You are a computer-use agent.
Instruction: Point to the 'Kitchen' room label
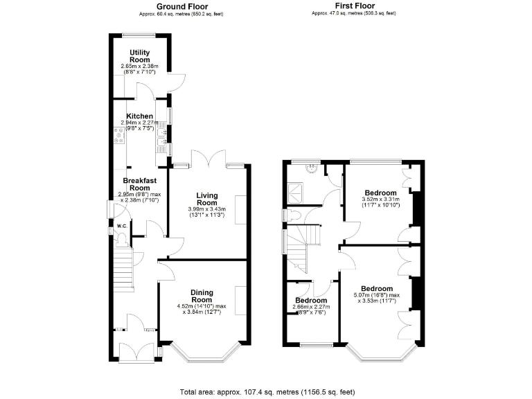coord(139,116)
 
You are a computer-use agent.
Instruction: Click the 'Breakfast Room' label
coord(139,184)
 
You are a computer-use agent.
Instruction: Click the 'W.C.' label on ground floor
coord(121,226)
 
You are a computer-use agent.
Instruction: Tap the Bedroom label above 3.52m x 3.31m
coord(381,193)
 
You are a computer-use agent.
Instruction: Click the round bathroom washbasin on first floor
coord(312,167)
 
